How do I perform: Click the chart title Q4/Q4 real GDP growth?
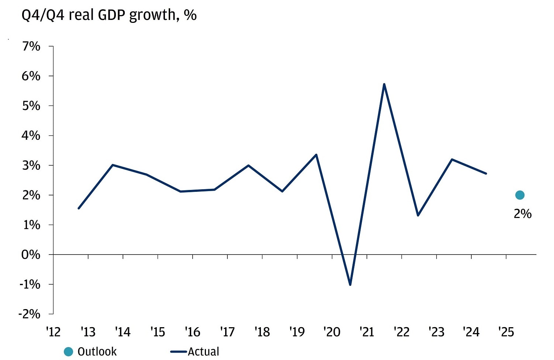(x=109, y=15)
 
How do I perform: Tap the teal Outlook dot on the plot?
(x=520, y=195)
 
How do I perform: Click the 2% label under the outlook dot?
(x=522, y=214)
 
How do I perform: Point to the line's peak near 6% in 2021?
(x=384, y=84)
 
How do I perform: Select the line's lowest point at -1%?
(x=350, y=285)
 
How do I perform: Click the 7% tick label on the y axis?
(x=31, y=46)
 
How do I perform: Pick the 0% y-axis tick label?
(x=31, y=255)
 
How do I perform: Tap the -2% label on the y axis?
(x=29, y=314)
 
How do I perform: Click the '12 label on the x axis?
(x=53, y=332)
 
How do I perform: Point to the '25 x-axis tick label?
(x=506, y=332)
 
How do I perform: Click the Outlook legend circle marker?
(x=68, y=352)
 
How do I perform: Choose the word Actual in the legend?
(x=203, y=352)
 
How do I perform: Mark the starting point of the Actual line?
(x=79, y=208)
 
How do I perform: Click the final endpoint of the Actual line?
(x=486, y=173)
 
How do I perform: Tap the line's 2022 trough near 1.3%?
(x=418, y=215)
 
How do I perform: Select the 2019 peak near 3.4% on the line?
(x=316, y=155)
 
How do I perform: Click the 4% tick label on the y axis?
(x=31, y=135)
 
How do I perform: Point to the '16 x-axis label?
(x=192, y=332)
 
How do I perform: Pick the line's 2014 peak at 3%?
(x=113, y=165)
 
